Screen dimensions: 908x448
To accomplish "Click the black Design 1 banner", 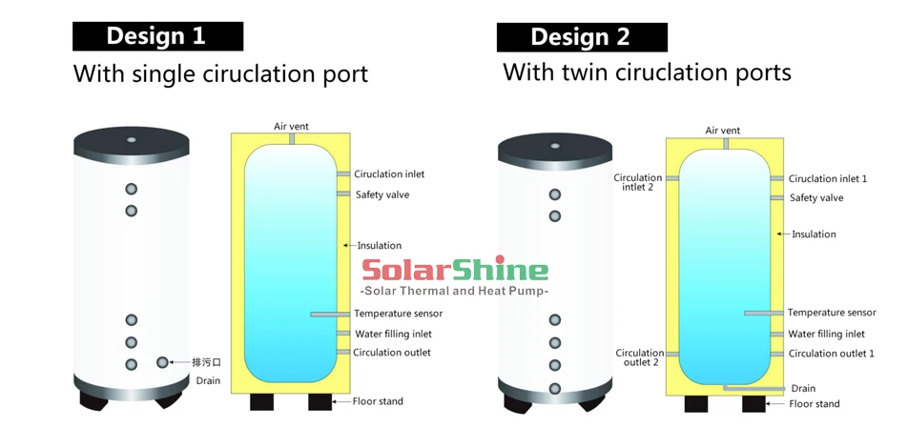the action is [x=157, y=36].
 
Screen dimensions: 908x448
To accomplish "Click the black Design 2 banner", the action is [x=582, y=37].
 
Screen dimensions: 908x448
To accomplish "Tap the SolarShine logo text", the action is [x=455, y=270].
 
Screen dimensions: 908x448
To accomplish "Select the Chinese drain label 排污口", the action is [x=207, y=363].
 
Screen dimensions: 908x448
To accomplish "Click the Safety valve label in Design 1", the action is [x=382, y=195].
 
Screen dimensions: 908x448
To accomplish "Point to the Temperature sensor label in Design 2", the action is [x=832, y=313].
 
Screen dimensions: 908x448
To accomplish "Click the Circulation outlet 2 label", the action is [x=640, y=357].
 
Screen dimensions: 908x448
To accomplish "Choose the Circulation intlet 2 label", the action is [x=637, y=182].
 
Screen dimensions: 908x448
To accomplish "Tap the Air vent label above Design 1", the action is [x=291, y=126].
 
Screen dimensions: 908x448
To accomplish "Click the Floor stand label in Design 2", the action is [x=815, y=404].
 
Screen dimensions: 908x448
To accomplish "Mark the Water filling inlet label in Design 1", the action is [x=393, y=334].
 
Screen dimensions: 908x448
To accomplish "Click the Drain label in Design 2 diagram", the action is [x=803, y=388].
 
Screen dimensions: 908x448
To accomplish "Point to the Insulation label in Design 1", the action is [x=380, y=245].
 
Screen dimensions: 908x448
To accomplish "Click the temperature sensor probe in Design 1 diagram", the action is [x=331, y=315].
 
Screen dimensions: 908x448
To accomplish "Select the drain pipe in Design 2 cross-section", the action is [x=753, y=387].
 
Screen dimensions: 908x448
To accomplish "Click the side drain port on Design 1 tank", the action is [x=162, y=362].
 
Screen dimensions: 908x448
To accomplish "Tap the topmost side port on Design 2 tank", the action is [x=555, y=194].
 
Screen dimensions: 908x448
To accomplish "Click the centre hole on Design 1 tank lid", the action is [x=132, y=140].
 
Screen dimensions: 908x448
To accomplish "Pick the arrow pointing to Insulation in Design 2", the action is [x=783, y=234].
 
